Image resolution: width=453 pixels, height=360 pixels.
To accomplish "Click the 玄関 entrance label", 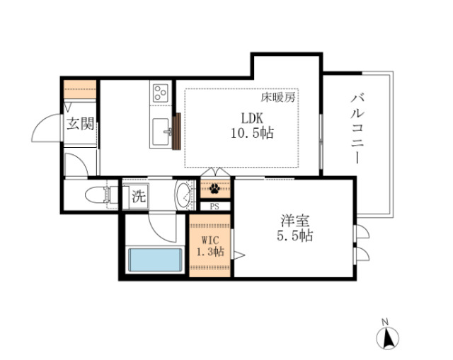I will click(x=80, y=125).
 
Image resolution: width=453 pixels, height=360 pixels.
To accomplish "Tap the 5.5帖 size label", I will click(x=294, y=236).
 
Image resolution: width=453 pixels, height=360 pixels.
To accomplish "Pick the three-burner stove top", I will click(x=161, y=93).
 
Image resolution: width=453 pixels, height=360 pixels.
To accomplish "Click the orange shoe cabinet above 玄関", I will click(x=79, y=91).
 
